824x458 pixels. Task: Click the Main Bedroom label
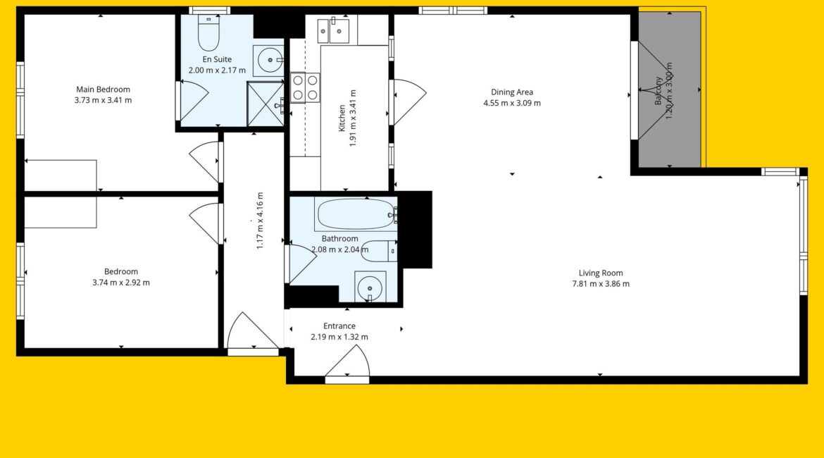(x=103, y=89)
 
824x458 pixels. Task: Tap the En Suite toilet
(x=208, y=32)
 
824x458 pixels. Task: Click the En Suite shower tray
(x=266, y=104)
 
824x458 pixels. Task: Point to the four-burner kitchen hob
(x=305, y=87)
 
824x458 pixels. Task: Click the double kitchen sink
(x=333, y=31)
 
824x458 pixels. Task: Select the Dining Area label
(x=512, y=92)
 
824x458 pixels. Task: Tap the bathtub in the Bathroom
(x=356, y=214)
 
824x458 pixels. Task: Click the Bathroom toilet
(x=380, y=251)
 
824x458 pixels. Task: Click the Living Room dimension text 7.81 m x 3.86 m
(x=601, y=284)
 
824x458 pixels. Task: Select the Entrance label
(x=339, y=326)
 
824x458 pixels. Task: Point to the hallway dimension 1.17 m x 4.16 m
(x=260, y=221)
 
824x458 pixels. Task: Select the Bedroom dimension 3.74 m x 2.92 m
(x=121, y=283)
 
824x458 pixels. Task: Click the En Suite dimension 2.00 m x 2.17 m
(x=217, y=70)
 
